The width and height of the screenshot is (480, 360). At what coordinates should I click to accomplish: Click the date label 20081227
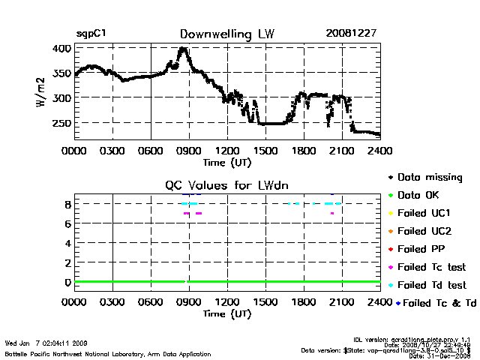point(352,34)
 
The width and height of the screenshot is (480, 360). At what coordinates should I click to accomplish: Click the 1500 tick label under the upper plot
point(265,150)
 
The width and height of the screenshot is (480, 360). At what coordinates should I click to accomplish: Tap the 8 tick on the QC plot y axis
point(67,203)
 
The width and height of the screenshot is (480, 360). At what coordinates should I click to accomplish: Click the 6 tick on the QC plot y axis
point(67,223)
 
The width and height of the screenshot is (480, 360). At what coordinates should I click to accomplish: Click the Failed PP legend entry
point(421,249)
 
